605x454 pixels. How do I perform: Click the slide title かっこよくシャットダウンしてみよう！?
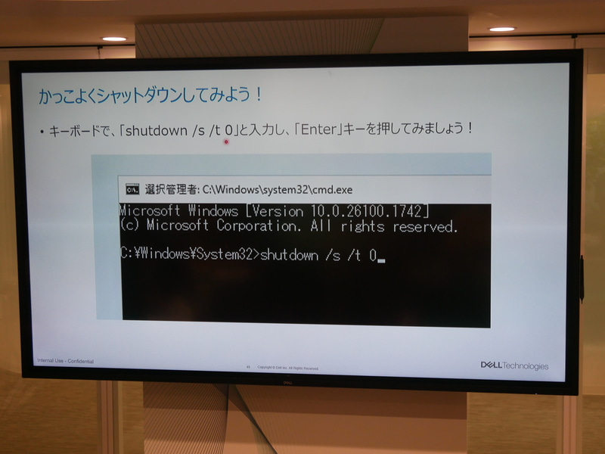pos(151,96)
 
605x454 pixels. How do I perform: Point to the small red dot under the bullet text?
pos(225,141)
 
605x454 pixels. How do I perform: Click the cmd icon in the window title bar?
pos(131,189)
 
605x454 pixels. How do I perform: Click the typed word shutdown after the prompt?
pos(289,255)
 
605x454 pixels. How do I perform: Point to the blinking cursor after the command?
pos(381,260)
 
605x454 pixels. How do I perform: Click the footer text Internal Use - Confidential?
pos(65,361)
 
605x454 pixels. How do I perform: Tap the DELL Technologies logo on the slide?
pos(514,365)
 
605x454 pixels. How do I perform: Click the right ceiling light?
pos(501,29)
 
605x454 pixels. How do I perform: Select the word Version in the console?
pos(279,210)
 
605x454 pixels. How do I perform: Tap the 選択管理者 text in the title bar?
pos(172,189)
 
